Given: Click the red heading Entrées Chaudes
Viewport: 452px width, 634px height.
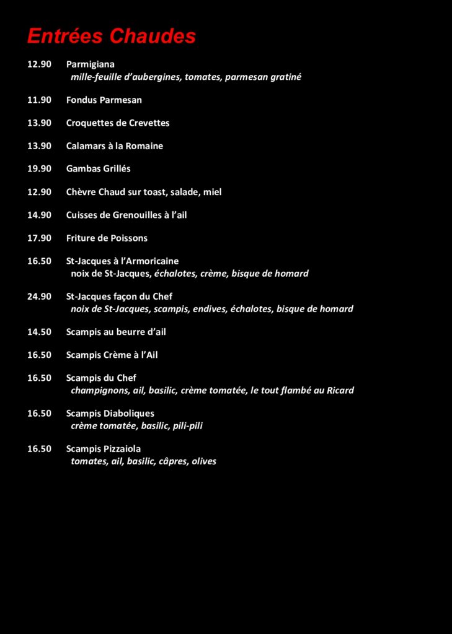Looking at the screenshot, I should [x=112, y=37].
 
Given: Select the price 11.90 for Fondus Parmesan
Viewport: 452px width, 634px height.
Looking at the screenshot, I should [x=39, y=100].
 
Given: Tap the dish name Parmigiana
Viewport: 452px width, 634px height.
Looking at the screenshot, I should [x=91, y=64].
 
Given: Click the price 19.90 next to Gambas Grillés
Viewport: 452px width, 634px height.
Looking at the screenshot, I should [x=39, y=168].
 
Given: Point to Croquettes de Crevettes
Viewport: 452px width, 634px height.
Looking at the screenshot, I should [x=118, y=123].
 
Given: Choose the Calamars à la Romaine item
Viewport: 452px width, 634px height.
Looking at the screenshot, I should [x=115, y=146].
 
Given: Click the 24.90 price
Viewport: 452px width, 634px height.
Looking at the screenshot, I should [x=39, y=297].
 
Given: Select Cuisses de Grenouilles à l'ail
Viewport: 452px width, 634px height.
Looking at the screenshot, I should [x=126, y=215].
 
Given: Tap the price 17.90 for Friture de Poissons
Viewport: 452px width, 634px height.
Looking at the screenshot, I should [x=39, y=238].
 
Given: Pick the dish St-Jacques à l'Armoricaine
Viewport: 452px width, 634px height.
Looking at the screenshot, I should [x=122, y=261].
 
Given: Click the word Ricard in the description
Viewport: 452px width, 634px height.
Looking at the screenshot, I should [x=340, y=391].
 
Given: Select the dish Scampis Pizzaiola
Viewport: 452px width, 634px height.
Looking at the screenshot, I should [x=104, y=449].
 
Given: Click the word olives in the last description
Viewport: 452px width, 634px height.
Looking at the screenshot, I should [x=204, y=461].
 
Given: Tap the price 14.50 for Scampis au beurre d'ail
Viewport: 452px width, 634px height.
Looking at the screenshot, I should [x=39, y=332].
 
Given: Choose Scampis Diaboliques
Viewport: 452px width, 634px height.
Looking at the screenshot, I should [x=110, y=414].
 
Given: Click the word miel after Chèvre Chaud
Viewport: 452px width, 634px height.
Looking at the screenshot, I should [x=212, y=192].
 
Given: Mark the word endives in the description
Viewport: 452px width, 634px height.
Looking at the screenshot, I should [x=209, y=309].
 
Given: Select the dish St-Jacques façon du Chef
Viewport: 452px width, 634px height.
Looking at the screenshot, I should [x=119, y=297].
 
